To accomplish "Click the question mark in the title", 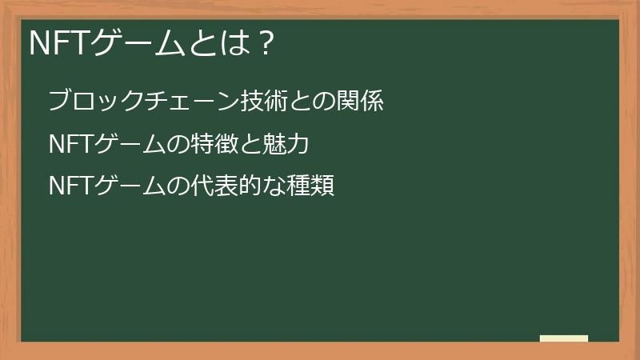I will coord(267,42).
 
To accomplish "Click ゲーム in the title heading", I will coord(138,42).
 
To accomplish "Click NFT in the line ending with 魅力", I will coord(70,145).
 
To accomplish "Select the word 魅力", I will coord(283,145).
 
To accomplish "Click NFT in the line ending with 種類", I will coord(70,187).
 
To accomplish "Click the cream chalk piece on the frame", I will coord(563,338).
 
